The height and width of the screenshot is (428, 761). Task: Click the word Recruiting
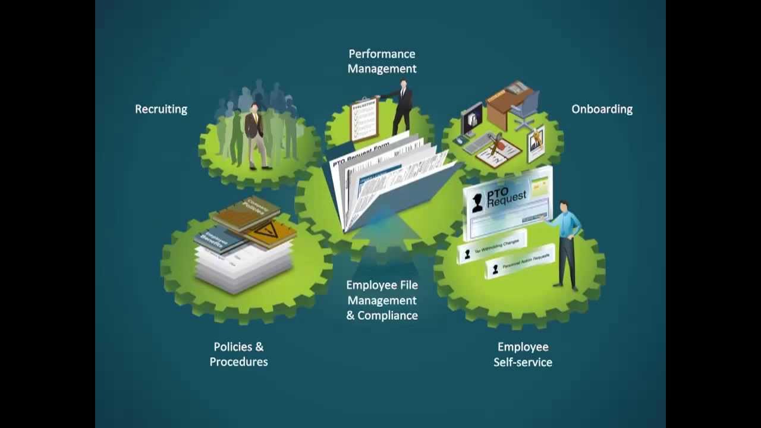(161, 109)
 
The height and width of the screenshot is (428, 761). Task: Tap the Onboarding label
(602, 109)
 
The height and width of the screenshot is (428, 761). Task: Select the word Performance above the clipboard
(382, 54)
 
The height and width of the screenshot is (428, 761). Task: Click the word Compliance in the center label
(388, 316)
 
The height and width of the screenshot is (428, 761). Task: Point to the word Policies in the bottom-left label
(230, 347)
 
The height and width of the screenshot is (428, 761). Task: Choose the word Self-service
(523, 362)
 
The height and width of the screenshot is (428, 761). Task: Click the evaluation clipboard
(364, 119)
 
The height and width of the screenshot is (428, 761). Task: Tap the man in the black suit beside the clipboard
(402, 107)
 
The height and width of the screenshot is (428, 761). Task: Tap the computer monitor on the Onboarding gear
(472, 119)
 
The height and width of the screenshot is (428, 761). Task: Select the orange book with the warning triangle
(271, 232)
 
